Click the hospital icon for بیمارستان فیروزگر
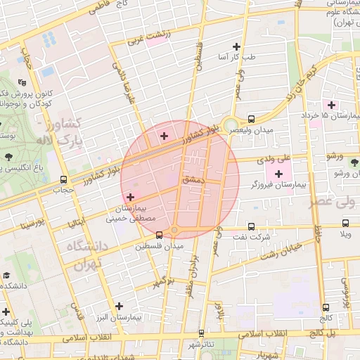[x=280, y=174]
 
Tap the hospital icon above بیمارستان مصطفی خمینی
[x=131, y=197]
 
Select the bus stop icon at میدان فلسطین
[x=159, y=234]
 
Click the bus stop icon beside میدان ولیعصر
[x=251, y=119]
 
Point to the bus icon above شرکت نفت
[x=252, y=226]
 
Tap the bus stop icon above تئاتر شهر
[x=202, y=333]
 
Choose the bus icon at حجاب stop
[x=64, y=179]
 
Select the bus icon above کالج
[x=326, y=307]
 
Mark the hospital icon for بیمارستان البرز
[x=120, y=307]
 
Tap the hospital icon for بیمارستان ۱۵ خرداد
[x=333, y=105]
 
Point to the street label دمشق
[x=191, y=180]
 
